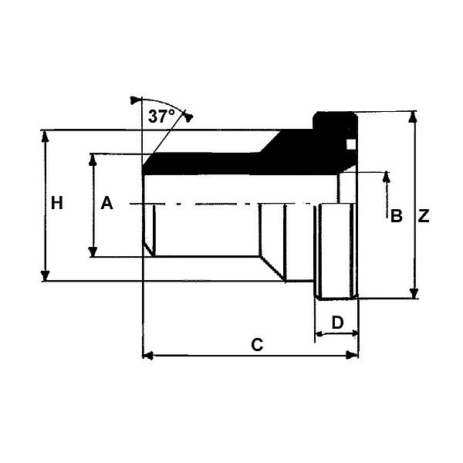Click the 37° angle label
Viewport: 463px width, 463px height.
161,117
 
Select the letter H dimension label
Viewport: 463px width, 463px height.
57,204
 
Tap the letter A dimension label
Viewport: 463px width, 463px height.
106,203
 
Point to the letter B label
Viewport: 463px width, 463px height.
397,216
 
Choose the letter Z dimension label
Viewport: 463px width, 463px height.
424,216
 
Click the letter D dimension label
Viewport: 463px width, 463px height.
337,323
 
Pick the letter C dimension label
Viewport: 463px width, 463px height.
257,345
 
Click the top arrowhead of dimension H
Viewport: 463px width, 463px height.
45,136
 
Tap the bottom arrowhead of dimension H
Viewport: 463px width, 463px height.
45,275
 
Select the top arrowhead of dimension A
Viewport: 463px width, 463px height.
93,160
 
